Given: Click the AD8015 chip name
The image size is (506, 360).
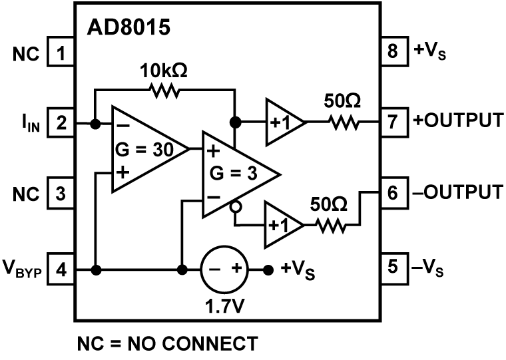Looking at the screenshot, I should (128, 28).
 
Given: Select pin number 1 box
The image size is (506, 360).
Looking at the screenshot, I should (61, 53).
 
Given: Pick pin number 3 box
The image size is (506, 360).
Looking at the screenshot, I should (61, 194).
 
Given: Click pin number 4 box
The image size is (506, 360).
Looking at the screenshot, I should (61, 270).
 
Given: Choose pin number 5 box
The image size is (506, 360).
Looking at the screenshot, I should (393, 266).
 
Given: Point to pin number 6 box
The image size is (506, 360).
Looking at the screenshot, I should (393, 193).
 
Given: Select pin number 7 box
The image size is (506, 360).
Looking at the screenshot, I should (393, 122).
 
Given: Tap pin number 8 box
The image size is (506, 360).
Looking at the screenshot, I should (393, 51).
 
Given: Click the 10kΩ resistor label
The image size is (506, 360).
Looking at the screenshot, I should (162, 71).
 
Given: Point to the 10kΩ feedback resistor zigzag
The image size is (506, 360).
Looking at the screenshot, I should (164, 90).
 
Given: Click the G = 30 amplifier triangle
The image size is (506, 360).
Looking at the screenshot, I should (143, 150).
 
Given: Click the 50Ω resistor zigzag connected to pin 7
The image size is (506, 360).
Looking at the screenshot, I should (342, 123).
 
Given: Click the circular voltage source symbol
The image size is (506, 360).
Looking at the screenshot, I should (224, 270).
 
